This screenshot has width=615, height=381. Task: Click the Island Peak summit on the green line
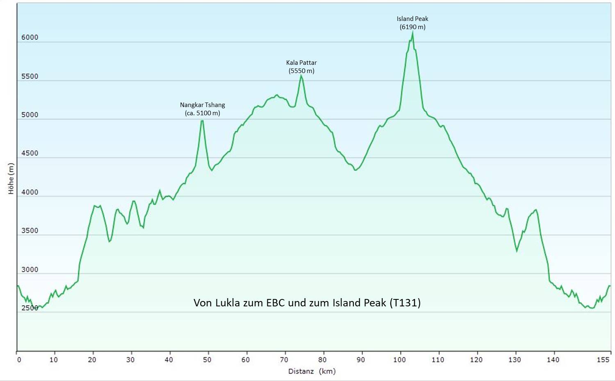click(x=412, y=32)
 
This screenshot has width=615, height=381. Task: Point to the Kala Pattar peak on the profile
click(x=301, y=76)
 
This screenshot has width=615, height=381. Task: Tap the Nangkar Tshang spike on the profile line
click(x=202, y=121)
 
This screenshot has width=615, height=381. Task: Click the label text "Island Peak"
click(x=412, y=19)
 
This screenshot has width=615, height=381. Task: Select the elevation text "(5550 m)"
click(x=301, y=71)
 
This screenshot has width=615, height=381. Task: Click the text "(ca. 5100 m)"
click(x=203, y=113)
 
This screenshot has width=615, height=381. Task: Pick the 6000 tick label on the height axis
click(x=30, y=37)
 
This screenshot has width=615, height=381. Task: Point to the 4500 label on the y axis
click(x=30, y=153)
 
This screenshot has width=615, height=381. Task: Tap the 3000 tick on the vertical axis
click(x=30, y=269)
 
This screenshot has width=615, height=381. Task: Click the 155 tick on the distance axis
click(x=603, y=360)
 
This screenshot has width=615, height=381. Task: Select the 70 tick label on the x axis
click(x=284, y=360)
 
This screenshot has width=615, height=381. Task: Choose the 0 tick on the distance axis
click(x=19, y=360)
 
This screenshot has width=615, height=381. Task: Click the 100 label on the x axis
click(x=399, y=360)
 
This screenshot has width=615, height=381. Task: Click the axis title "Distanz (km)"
click(x=312, y=371)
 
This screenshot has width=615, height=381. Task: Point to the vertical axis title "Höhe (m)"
click(x=11, y=178)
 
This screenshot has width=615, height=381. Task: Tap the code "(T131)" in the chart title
click(x=405, y=303)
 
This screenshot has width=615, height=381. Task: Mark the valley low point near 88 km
click(x=355, y=170)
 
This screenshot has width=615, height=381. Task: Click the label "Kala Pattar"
click(x=301, y=63)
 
